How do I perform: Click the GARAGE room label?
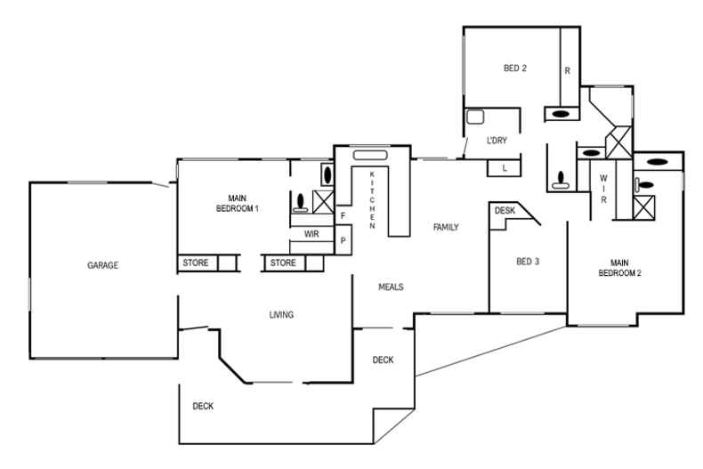point(103,265)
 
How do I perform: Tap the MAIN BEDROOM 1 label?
point(237,203)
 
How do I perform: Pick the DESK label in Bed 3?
point(505,211)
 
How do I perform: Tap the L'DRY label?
point(497,141)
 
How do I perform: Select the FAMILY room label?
point(445,228)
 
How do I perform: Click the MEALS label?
point(392,287)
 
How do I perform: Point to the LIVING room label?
point(282,315)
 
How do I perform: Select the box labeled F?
point(343,216)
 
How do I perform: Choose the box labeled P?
point(343,241)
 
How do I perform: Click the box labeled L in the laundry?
point(505,168)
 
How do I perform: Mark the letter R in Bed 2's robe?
point(567,69)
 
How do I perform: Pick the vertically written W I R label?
point(602,188)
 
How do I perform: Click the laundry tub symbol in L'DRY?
point(476,117)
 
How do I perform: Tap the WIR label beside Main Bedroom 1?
point(311,234)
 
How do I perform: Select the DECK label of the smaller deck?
point(383,360)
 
